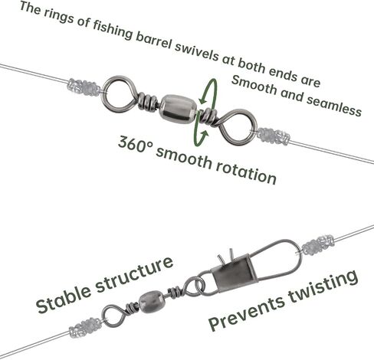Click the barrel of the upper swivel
179,109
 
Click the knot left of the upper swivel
84,87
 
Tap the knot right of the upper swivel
274,136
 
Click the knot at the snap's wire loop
318,245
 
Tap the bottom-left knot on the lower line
85,328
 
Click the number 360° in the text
136,146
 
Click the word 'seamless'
334,106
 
